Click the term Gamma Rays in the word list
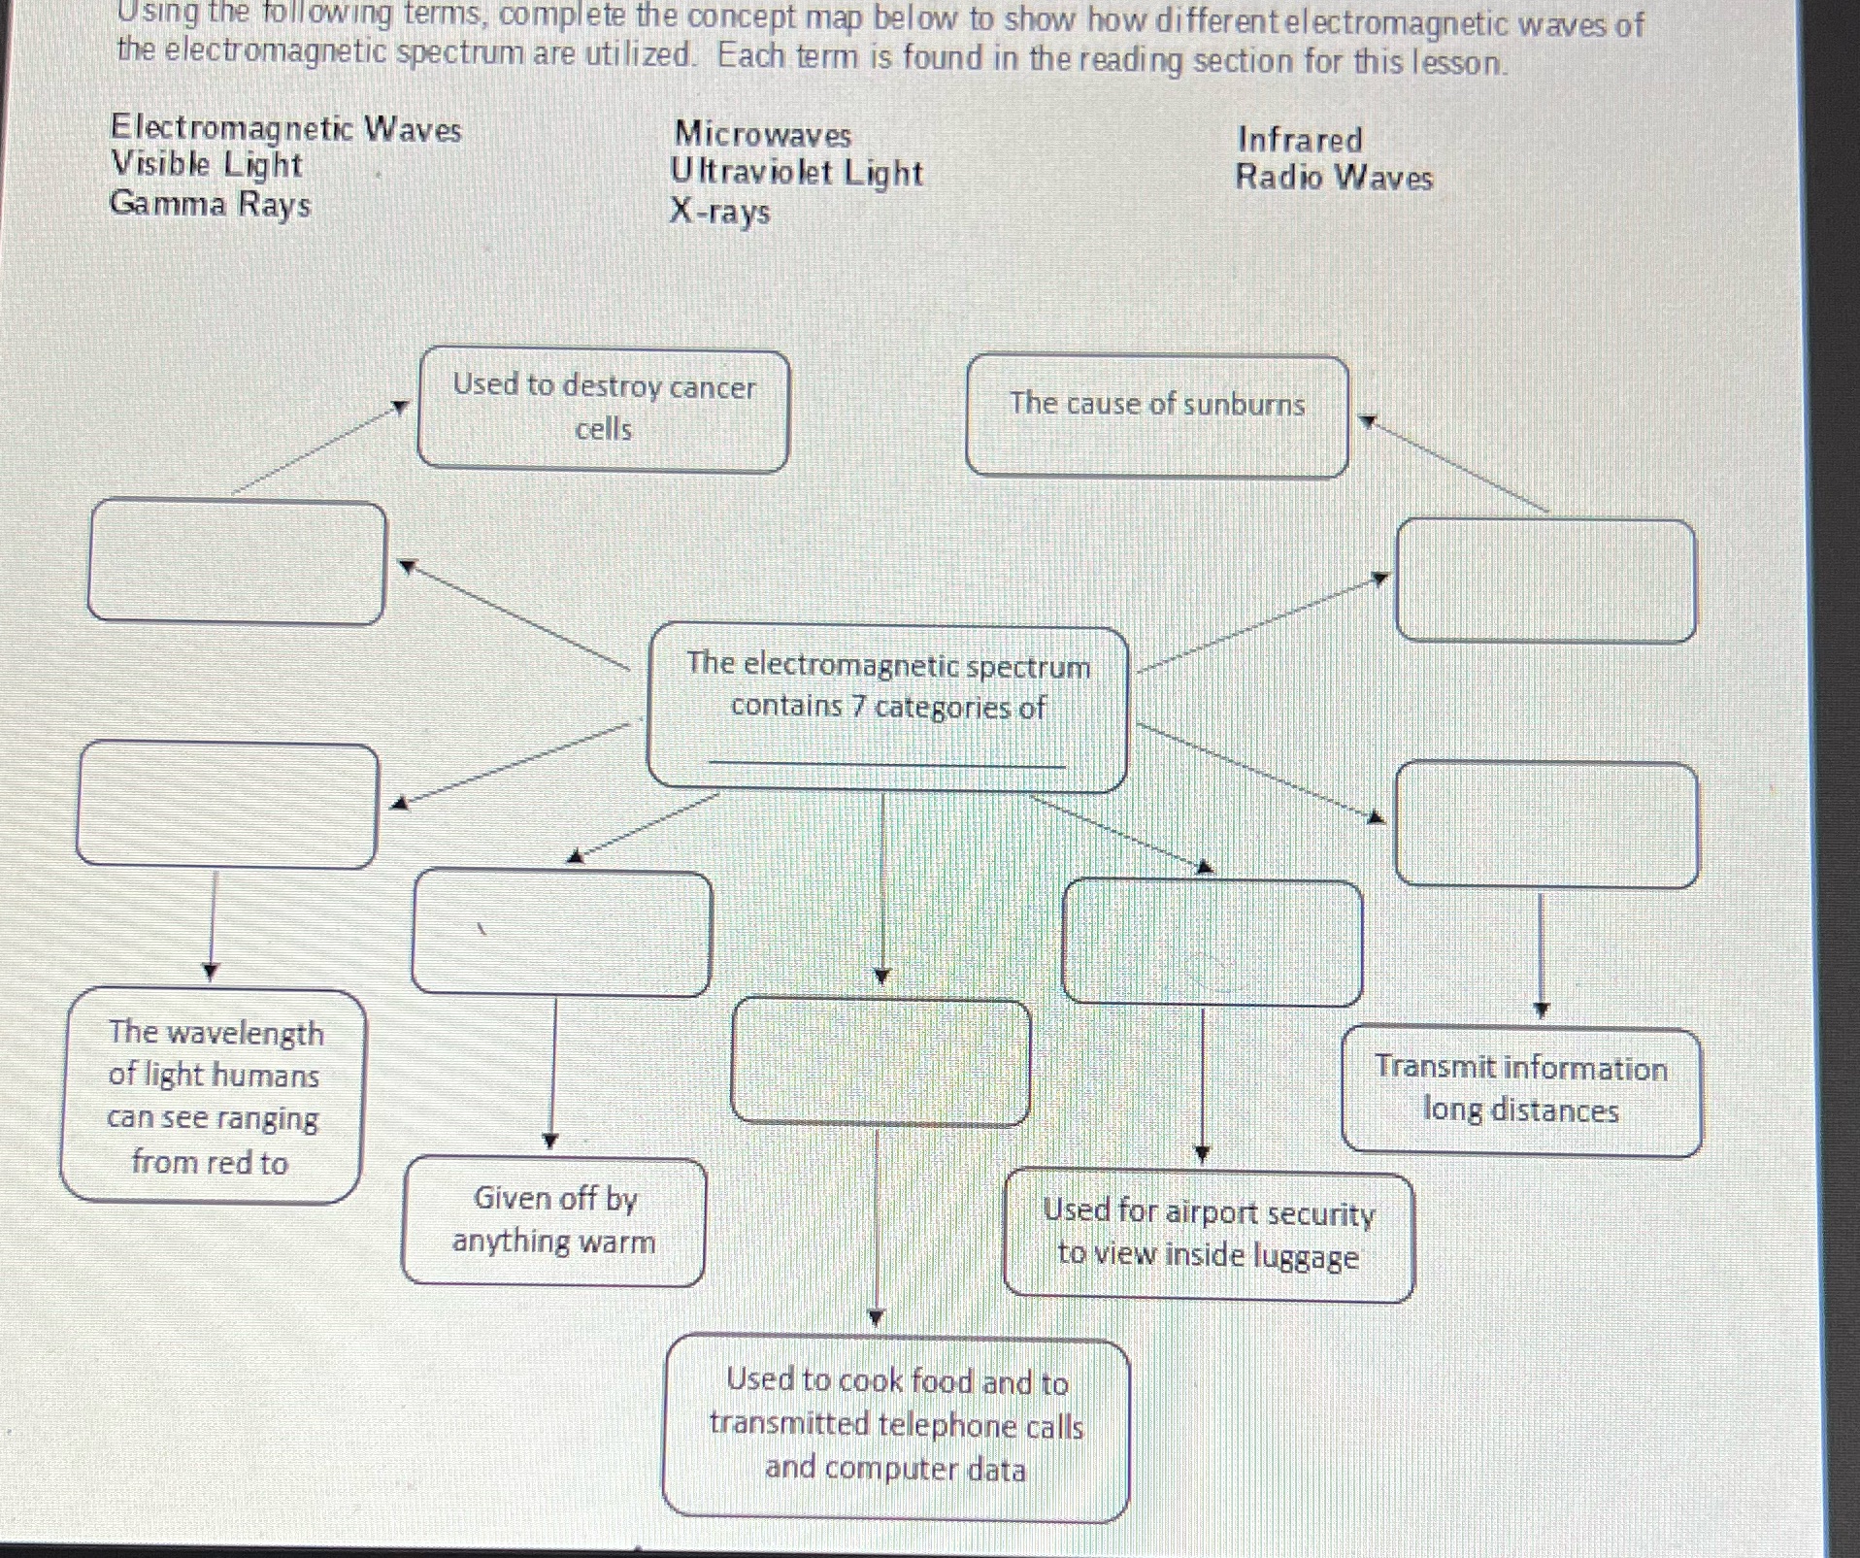pyautogui.click(x=210, y=205)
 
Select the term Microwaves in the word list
pyautogui.click(x=763, y=135)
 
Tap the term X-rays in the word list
pyautogui.click(x=719, y=212)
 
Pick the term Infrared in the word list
pyautogui.click(x=1300, y=140)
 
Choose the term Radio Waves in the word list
pyautogui.click(x=1334, y=178)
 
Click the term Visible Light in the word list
pyautogui.click(x=206, y=165)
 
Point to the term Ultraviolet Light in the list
pyautogui.click(x=796, y=173)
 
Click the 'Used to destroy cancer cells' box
pyautogui.click(x=603, y=411)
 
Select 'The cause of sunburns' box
pyautogui.click(x=1156, y=416)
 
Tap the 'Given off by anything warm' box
pyautogui.click(x=553, y=1221)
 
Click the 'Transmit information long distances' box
pyautogui.click(x=1521, y=1090)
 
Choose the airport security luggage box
pyautogui.click(x=1208, y=1236)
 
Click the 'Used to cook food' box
pyautogui.click(x=895, y=1426)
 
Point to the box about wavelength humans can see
pyautogui.click(x=213, y=1096)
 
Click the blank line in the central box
pyautogui.click(x=886, y=759)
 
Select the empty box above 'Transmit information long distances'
pyautogui.click(x=1545, y=824)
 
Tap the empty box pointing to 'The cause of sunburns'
pyautogui.click(x=1544, y=580)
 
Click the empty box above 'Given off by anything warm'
pyautogui.click(x=561, y=933)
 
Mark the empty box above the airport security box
pyautogui.click(x=1212, y=941)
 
